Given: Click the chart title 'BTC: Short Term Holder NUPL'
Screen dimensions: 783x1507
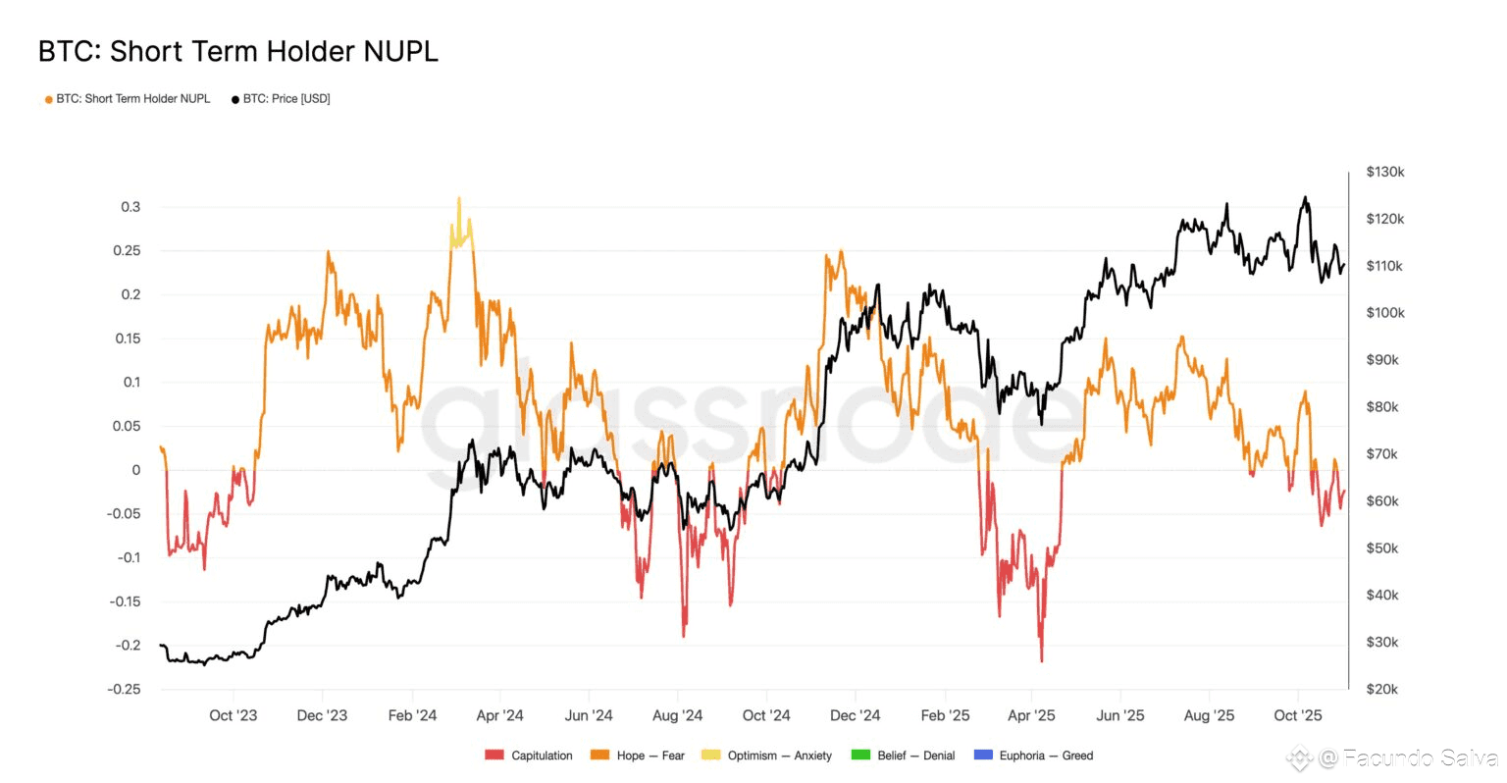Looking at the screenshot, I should coord(237,51).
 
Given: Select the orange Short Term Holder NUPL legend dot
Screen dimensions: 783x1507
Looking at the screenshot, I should coord(48,99).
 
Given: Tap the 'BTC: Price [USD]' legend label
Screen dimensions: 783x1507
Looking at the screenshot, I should coord(286,99).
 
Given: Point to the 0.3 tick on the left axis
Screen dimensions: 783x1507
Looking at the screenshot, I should coord(130,207).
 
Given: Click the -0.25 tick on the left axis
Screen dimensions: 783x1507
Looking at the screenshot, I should coord(124,689).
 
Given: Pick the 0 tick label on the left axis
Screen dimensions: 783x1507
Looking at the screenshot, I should coord(136,470).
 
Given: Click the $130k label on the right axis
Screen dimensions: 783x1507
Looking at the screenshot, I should coord(1384,172).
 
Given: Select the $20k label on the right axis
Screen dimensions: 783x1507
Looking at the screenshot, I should coord(1381,689).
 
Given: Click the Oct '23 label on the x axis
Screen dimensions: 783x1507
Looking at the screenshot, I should coord(234,715).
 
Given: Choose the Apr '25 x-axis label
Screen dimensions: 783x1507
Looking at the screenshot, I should coord(1031,715).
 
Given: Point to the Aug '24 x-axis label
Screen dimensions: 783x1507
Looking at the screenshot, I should coord(677,715).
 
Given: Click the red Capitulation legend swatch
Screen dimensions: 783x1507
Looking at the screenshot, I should coord(494,756).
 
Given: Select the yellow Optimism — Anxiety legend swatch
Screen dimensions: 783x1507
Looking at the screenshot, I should coord(710,756).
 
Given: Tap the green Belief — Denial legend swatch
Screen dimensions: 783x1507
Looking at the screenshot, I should coord(860,756).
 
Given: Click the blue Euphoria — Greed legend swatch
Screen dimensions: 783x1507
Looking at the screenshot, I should coord(982,756).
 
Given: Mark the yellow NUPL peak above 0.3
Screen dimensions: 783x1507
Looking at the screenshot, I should coord(459,199).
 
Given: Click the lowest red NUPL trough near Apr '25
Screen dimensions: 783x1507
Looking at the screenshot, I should coord(1041,660).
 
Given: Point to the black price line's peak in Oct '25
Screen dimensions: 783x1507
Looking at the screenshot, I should coord(1305,198).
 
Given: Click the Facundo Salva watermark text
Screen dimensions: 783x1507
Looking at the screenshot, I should coord(1420,757).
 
